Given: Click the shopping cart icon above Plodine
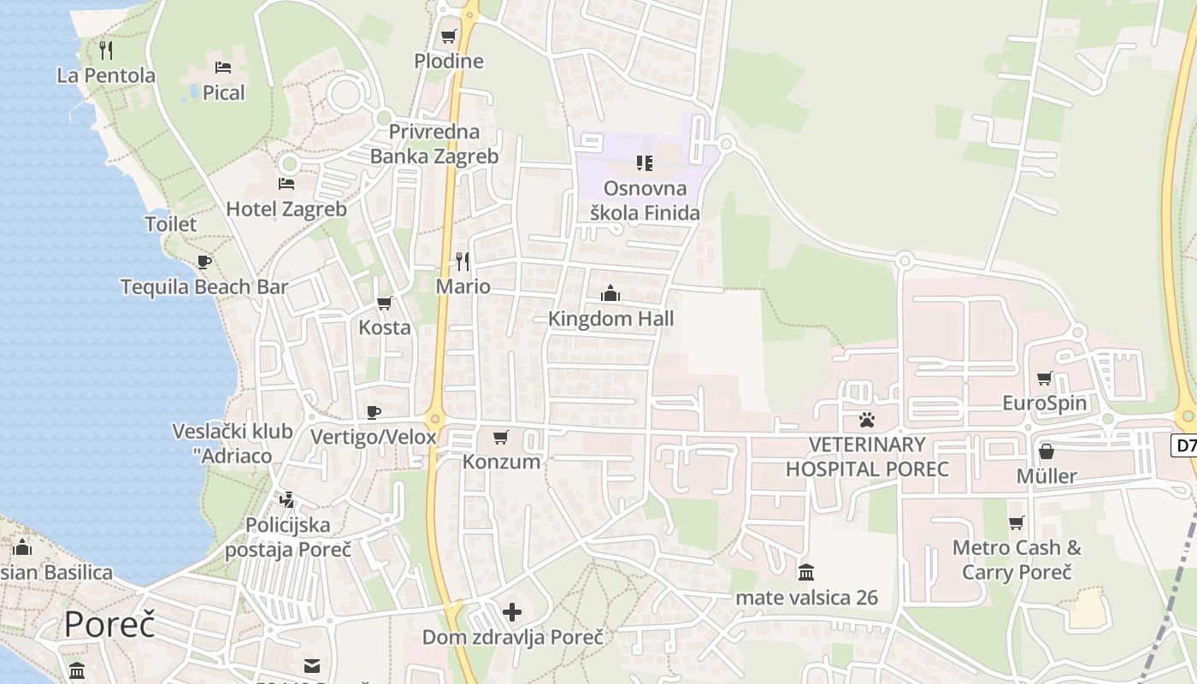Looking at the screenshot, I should [x=448, y=37].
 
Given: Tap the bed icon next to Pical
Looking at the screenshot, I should [x=223, y=68].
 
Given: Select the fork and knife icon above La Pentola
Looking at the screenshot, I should [x=106, y=50].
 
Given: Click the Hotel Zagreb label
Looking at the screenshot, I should [x=286, y=209].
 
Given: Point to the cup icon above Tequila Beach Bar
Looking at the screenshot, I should [x=203, y=262].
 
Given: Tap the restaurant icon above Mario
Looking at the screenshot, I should [x=463, y=261].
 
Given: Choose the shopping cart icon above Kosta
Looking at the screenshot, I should [x=384, y=303].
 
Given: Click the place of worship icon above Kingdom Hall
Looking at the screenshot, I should [x=610, y=294].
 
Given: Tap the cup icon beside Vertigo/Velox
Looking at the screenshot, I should [x=374, y=412].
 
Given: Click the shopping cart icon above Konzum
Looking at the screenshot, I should [x=501, y=437].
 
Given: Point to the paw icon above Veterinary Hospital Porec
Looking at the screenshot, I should [x=867, y=420].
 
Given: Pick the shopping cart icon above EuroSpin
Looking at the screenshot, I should [x=1044, y=378].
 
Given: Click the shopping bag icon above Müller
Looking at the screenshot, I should [x=1046, y=451].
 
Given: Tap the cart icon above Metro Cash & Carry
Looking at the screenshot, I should [x=1016, y=522].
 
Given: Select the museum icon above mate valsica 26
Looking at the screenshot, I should [x=806, y=572].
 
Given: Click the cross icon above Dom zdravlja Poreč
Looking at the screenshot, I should [x=512, y=612].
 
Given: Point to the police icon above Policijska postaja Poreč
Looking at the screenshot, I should [x=287, y=499].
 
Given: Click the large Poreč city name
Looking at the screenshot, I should [x=109, y=624].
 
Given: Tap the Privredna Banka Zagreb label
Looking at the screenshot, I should [x=434, y=144].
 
